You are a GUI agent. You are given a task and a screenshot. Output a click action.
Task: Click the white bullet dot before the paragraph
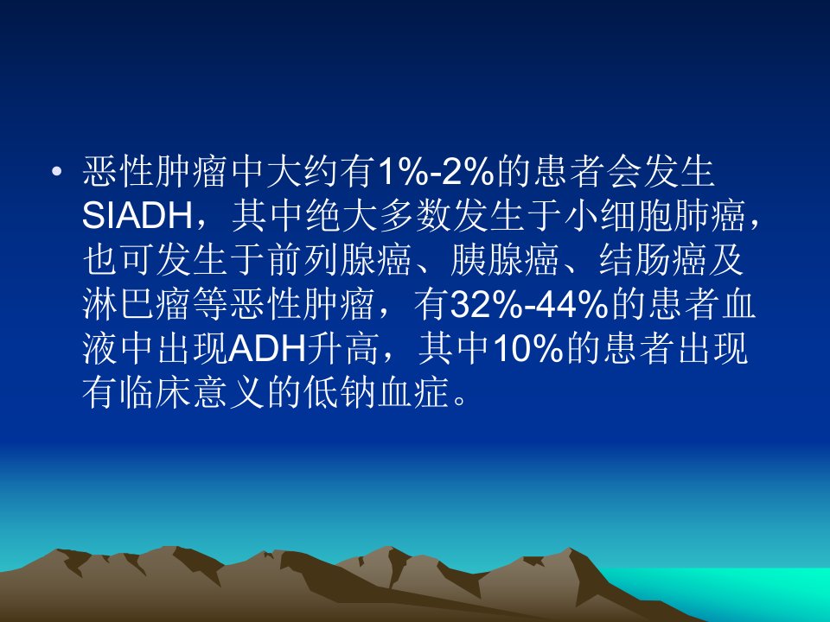pos(57,171)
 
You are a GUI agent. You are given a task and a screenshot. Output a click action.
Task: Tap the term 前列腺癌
pos(339,260)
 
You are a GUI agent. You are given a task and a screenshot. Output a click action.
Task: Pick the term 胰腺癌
pos(504,260)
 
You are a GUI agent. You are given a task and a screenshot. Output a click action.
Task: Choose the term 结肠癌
pos(652,260)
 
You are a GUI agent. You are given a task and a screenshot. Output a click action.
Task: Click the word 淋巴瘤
pos(137,304)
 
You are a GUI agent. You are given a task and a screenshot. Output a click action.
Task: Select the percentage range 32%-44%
pos(529,304)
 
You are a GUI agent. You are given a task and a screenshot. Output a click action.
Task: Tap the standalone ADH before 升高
pos(268,348)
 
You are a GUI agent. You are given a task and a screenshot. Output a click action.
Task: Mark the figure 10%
pos(527,348)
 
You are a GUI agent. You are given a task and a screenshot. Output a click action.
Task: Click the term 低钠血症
pos(377,392)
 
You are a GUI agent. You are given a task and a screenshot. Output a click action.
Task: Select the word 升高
pos(343,348)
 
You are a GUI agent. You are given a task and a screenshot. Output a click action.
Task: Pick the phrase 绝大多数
pos(377,216)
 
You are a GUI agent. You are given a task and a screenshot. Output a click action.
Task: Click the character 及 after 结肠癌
pos(726,260)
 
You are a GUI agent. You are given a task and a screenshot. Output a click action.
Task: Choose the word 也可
pos(118,260)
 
